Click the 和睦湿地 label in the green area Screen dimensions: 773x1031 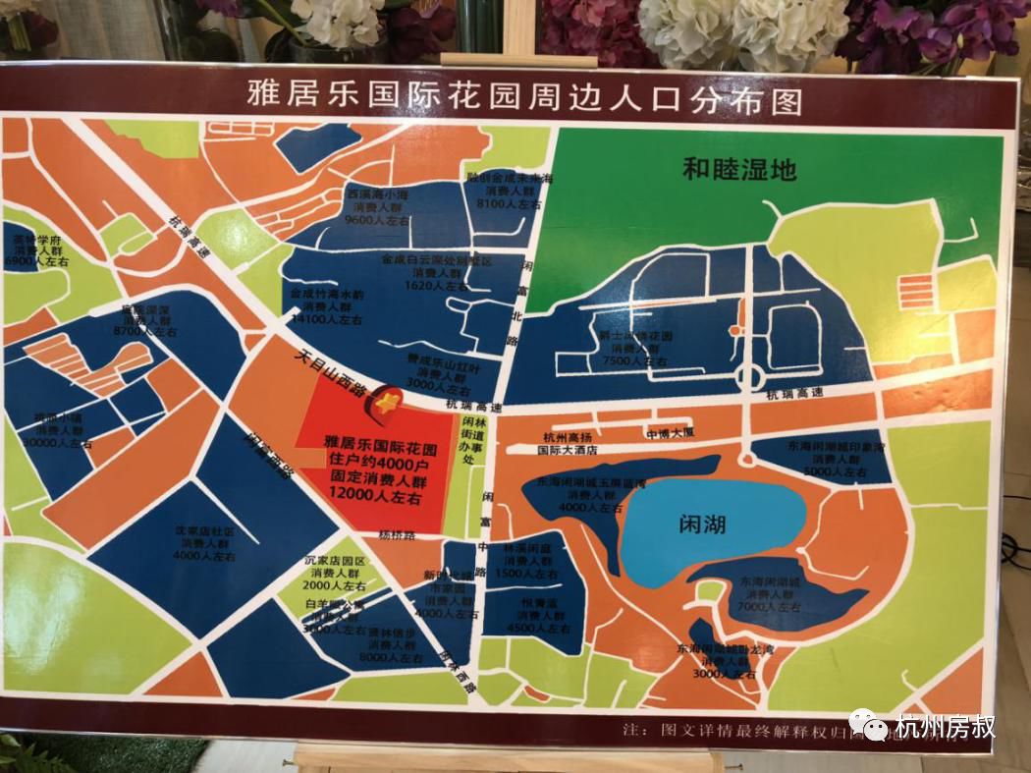click(739, 169)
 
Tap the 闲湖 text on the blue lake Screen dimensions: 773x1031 click(702, 525)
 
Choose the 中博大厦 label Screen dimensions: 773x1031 click(670, 433)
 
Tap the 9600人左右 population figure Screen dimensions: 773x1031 click(376, 221)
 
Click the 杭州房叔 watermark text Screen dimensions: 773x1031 click(945, 728)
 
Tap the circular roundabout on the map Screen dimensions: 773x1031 click(749, 378)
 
